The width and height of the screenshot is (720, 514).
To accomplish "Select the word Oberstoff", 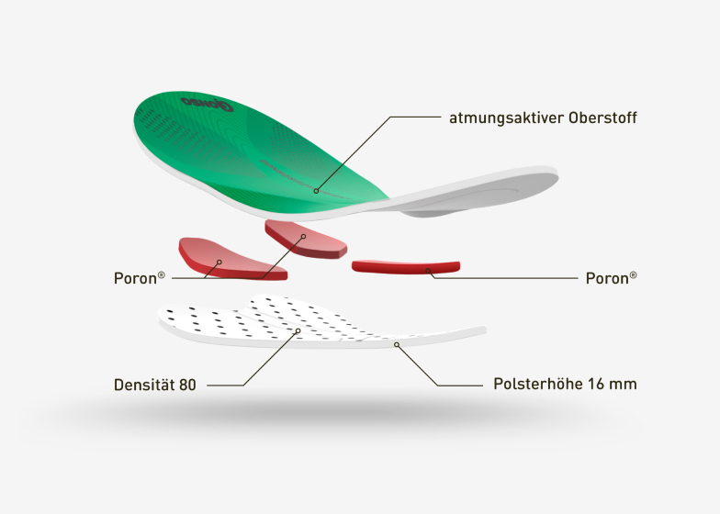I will click(x=602, y=117).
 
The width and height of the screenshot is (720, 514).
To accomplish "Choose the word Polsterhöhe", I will click(x=531, y=385).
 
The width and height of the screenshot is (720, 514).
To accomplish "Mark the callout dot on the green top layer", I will click(x=315, y=191).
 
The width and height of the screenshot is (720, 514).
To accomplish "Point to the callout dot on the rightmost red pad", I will click(x=428, y=270).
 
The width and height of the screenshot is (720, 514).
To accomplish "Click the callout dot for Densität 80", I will click(x=296, y=331).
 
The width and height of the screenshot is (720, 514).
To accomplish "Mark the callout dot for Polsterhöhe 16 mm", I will click(x=396, y=344).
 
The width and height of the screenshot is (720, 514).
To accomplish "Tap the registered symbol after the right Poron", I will click(x=633, y=273).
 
